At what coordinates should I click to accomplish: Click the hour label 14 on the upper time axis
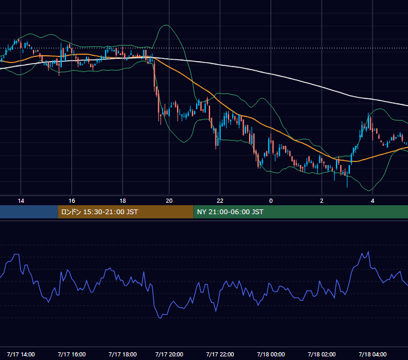[21, 201]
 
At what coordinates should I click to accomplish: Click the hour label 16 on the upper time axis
[72, 201]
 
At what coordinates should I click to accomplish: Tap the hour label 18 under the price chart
[122, 201]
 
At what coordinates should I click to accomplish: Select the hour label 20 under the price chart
[169, 201]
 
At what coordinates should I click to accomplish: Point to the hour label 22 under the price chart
[220, 201]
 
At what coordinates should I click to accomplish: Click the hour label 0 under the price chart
[271, 201]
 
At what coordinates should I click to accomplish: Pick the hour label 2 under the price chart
[322, 201]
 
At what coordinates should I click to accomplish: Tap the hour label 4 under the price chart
[373, 201]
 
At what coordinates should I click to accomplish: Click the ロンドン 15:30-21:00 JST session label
[100, 212]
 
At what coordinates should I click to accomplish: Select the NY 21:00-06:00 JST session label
[230, 212]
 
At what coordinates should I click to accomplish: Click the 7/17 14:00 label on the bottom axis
[21, 354]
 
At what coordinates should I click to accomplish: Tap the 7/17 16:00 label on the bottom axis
[72, 354]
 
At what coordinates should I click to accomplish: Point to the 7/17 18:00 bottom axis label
[122, 354]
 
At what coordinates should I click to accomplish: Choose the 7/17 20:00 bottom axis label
[169, 354]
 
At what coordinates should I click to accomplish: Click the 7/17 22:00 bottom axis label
[220, 354]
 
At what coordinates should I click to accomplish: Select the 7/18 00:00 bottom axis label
[271, 354]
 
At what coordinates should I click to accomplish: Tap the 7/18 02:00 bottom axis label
[322, 354]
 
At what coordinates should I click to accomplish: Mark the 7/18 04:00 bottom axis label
[373, 354]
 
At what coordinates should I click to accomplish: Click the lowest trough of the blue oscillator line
[160, 318]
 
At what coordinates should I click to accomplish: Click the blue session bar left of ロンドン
[29, 212]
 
